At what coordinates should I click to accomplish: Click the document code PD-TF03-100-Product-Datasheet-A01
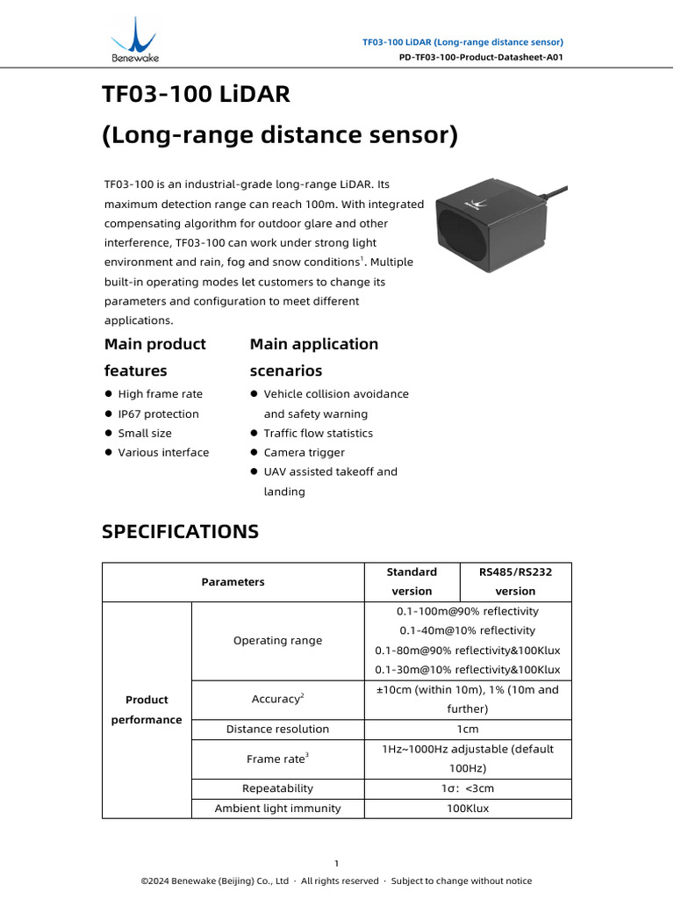click(x=480, y=56)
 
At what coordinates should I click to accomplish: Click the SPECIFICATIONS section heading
click(x=180, y=531)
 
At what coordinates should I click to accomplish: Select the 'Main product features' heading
click(x=155, y=356)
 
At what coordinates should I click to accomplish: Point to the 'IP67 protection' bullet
click(x=158, y=414)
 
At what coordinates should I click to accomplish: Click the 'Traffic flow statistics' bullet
click(x=318, y=433)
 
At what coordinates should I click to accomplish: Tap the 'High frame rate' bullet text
click(x=160, y=394)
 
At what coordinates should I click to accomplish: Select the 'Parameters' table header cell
click(x=233, y=581)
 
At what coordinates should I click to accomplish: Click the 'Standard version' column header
click(x=412, y=581)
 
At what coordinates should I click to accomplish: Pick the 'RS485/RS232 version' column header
click(x=515, y=581)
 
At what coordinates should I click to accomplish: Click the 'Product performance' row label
click(x=147, y=709)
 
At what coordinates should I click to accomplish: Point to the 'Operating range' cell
click(x=277, y=640)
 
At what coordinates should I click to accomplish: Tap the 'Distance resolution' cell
click(x=277, y=729)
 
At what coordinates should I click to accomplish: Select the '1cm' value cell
click(x=468, y=729)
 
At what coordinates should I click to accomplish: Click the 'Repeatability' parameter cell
click(x=277, y=788)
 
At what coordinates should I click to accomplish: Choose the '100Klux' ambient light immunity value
click(x=468, y=808)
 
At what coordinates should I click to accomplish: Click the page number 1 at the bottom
click(x=336, y=863)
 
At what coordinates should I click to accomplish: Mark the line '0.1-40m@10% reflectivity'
click(x=468, y=630)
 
